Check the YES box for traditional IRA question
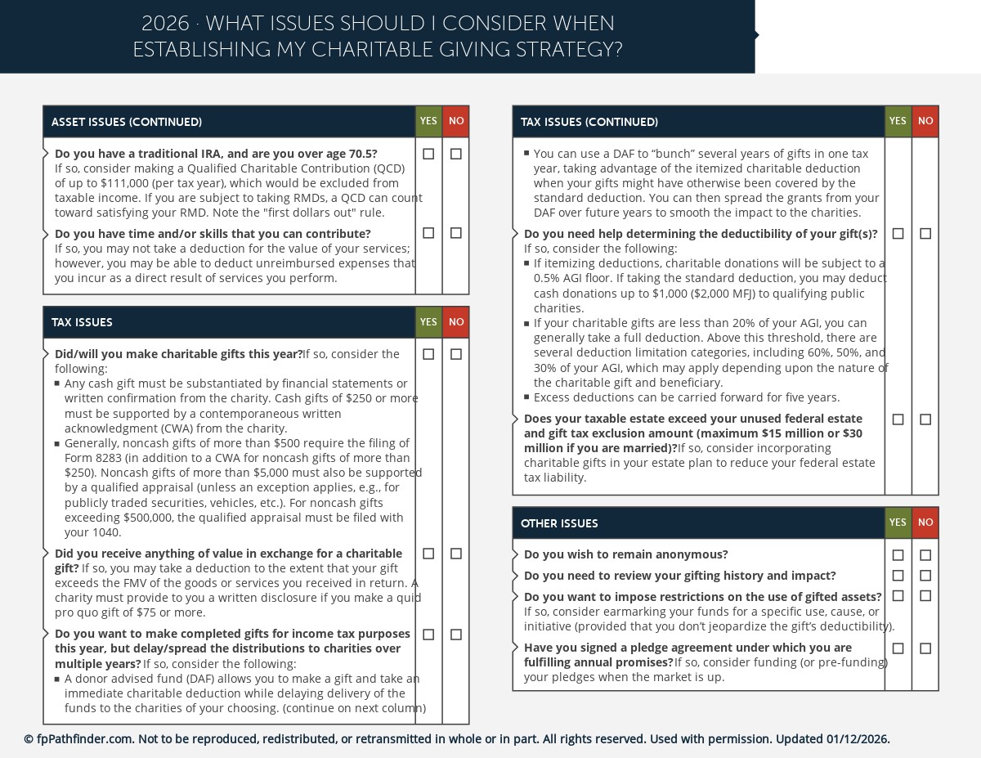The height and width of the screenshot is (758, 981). [x=428, y=154]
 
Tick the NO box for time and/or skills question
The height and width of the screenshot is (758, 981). [x=456, y=233]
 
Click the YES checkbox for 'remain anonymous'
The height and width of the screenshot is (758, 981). [x=898, y=555]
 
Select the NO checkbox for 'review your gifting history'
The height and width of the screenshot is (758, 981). [x=925, y=576]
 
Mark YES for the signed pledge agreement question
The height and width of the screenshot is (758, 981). [x=898, y=648]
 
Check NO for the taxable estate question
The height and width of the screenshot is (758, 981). [x=925, y=419]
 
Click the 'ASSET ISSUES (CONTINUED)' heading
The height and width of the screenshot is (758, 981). [x=127, y=122]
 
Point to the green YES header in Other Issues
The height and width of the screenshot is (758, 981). [x=898, y=523]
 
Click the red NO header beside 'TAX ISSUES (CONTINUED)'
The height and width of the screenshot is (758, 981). [x=925, y=121]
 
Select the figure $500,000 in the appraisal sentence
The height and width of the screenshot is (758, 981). [x=155, y=518]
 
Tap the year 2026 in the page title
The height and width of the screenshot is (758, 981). [x=164, y=23]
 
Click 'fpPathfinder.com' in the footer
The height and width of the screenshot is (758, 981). [x=85, y=739]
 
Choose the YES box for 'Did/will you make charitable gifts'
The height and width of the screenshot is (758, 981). [x=428, y=354]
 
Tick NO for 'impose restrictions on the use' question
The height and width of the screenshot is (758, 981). [x=925, y=596]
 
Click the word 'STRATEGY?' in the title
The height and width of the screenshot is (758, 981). [x=573, y=50]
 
